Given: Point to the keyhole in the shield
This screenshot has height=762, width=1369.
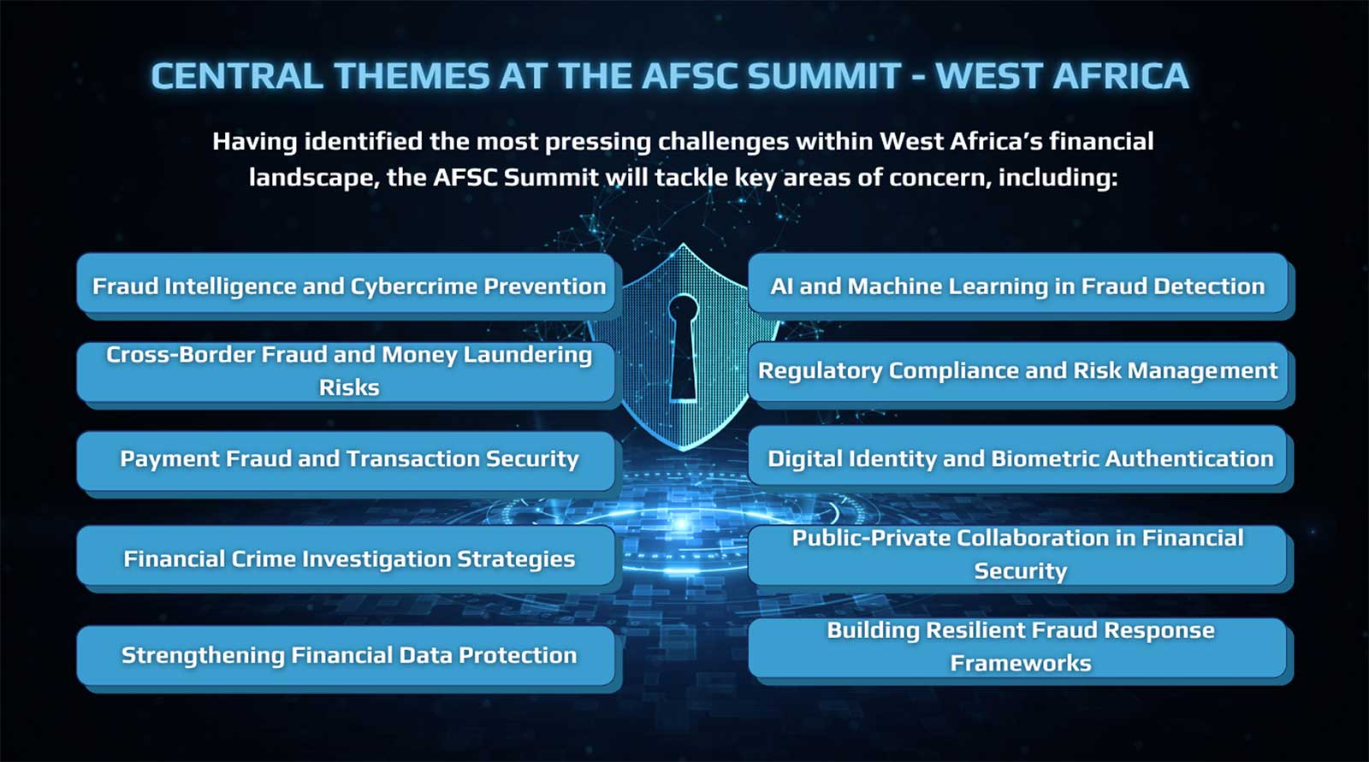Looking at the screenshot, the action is tap(683, 347).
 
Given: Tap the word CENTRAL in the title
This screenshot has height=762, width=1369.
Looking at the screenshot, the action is tap(237, 76).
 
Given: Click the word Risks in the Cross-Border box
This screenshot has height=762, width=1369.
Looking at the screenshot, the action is tap(349, 387).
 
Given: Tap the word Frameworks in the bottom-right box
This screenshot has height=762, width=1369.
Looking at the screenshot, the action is tap(1021, 663).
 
